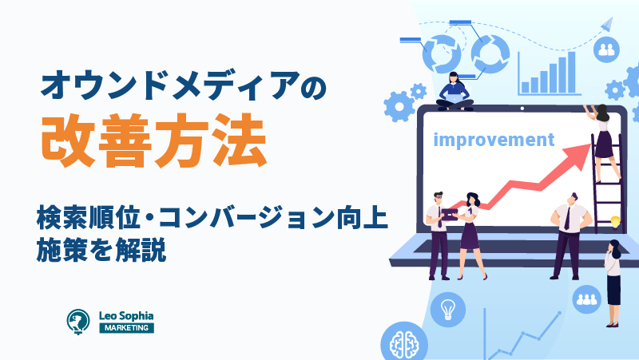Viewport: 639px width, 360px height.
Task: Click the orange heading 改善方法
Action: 154,140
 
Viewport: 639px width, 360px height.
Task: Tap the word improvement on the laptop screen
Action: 494,140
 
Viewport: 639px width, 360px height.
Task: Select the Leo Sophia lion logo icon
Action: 78,322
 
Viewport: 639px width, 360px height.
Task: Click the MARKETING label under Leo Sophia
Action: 127,328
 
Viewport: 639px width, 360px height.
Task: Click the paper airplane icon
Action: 607,24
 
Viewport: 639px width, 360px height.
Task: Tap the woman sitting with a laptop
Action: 454,92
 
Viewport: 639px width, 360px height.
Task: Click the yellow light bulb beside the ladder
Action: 615,223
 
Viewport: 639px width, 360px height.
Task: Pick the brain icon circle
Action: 404,343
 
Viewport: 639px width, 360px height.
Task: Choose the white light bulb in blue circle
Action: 448,310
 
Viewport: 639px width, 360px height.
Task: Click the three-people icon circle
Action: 587,299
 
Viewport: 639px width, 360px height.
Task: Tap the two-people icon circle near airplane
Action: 606,49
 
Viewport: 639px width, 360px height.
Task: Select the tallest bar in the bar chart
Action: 571,73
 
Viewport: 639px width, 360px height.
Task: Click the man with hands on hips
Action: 570,236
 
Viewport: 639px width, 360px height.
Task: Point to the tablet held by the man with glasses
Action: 450,215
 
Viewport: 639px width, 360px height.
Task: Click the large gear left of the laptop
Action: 399,107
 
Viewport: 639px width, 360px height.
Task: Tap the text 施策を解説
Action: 101,249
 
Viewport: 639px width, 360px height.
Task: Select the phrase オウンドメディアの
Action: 184,85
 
